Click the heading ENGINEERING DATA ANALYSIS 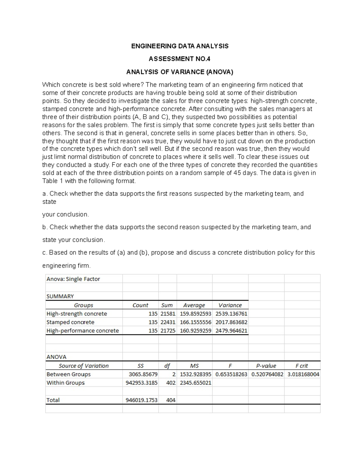pyautogui.click(x=180, y=46)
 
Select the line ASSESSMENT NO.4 pyautogui.click(x=179, y=59)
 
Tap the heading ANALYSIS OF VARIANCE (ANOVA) pyautogui.click(x=179, y=72)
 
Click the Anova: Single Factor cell pyautogui.click(x=73, y=279)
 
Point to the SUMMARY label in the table pyautogui.click(x=60, y=296)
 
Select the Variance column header pyautogui.click(x=230, y=305)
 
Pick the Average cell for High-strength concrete pyautogui.click(x=195, y=314)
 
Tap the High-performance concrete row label pyautogui.click(x=82, y=331)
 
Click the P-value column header pyautogui.click(x=266, y=366)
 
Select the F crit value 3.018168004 pyautogui.click(x=303, y=374)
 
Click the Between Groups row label pyautogui.click(x=68, y=374)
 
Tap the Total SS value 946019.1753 pyautogui.click(x=141, y=400)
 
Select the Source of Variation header pyautogui.click(x=84, y=366)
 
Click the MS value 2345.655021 pyautogui.click(x=195, y=383)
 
